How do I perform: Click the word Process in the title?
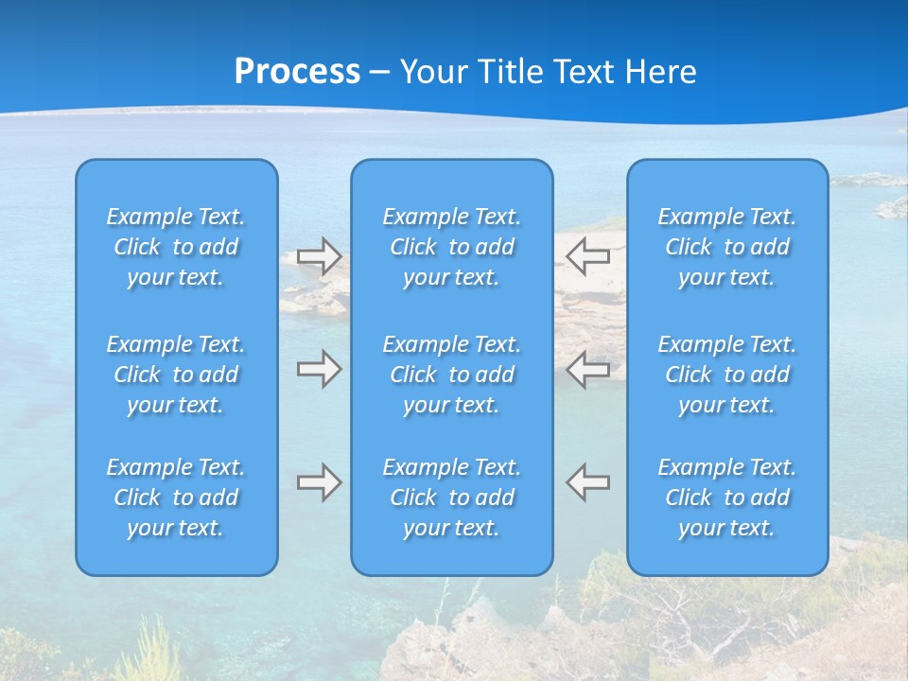[x=297, y=72]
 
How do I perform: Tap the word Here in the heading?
[x=661, y=72]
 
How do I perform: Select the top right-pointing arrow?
[x=320, y=256]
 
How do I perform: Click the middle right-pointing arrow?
[x=320, y=369]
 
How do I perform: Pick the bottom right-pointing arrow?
[x=320, y=482]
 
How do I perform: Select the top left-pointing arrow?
[x=587, y=255]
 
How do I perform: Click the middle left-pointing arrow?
[x=587, y=369]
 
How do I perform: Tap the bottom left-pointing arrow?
[x=587, y=481]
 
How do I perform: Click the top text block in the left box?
[x=176, y=247]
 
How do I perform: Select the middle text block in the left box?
[x=176, y=375]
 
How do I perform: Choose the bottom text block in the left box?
[x=176, y=498]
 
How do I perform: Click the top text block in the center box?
[x=451, y=247]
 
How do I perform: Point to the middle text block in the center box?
[x=451, y=375]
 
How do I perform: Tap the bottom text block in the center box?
[x=451, y=498]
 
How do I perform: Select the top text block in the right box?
[x=726, y=247]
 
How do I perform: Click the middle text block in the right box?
[x=726, y=375]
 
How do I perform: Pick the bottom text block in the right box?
[x=726, y=498]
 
